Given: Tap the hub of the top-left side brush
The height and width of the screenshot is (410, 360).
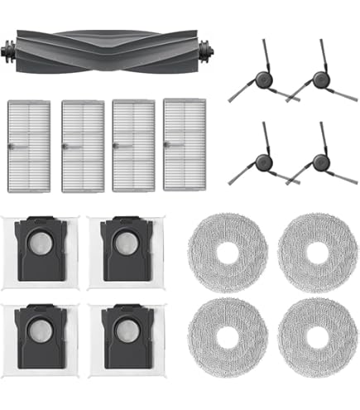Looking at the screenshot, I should pyautogui.click(x=263, y=80).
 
